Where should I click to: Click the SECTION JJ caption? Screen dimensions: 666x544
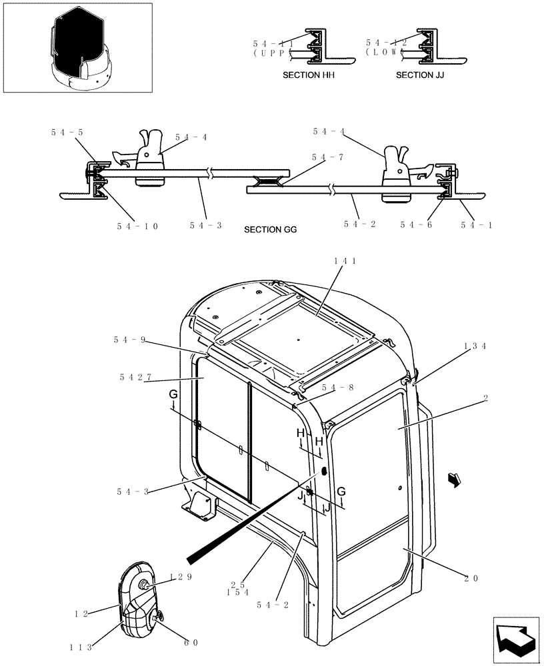pyautogui.click(x=420, y=75)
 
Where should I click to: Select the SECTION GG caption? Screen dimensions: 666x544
pyautogui.click(x=270, y=230)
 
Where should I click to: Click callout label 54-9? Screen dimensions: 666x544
pyautogui.click(x=129, y=340)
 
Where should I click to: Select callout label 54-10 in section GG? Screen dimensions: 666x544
pyautogui.click(x=137, y=226)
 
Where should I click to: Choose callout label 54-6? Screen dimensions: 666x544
pyautogui.click(x=417, y=225)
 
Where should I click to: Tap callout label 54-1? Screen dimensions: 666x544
pyautogui.click(x=477, y=225)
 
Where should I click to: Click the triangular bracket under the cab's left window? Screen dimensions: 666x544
pyautogui.click(x=199, y=508)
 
